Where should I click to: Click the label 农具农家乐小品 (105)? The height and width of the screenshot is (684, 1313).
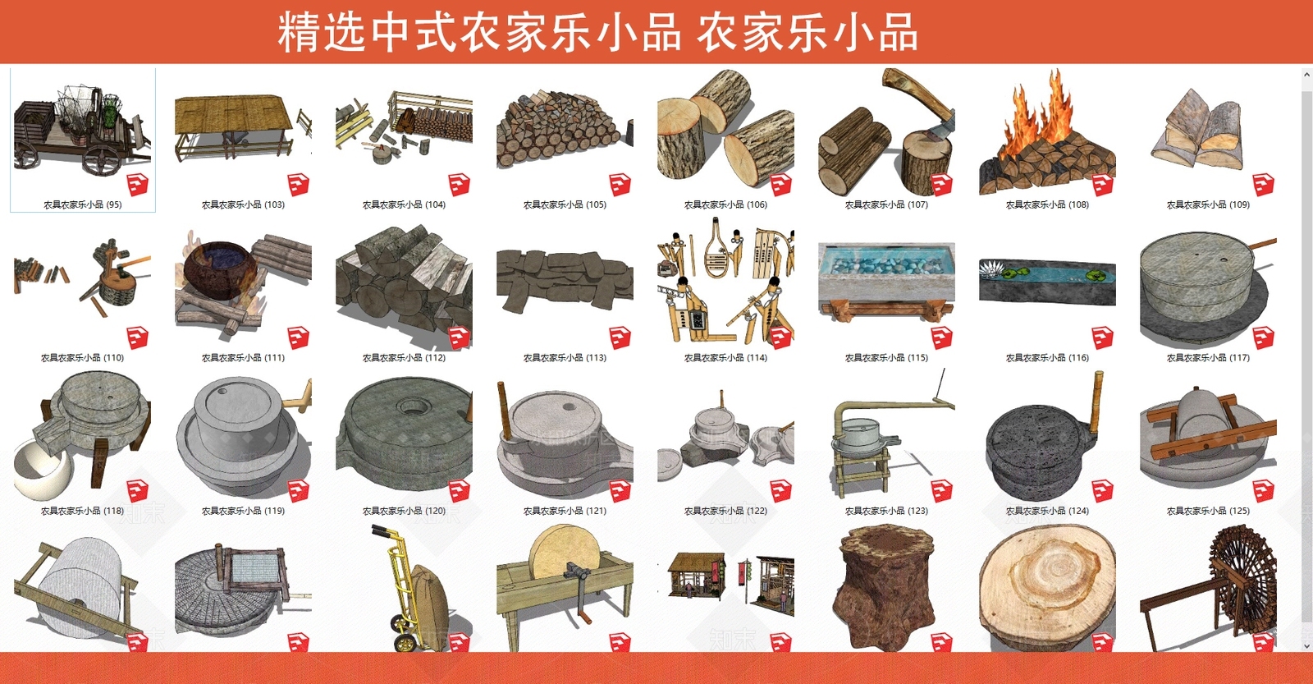coord(565,204)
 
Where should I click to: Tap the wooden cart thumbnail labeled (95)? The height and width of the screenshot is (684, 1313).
coord(82,131)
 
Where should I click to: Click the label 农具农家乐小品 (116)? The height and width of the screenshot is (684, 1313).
coord(1047,358)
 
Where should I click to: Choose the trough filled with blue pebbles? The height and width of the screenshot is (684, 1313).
coord(886,271)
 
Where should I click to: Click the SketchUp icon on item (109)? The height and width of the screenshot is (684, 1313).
coord(1263,185)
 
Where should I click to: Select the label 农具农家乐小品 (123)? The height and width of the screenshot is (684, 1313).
coord(886,511)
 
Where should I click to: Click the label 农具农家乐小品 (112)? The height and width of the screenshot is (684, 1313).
coord(404,358)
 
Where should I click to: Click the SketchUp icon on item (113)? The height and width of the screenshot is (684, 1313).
coord(620,337)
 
